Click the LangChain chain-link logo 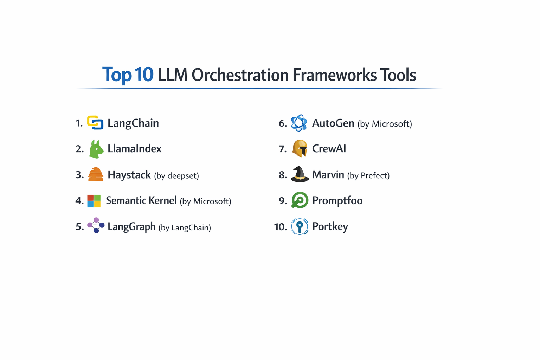(95, 123)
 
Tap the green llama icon (96, 149)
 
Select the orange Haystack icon (95, 174)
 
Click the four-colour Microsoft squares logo (94, 201)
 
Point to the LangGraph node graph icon (96, 225)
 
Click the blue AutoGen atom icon (299, 123)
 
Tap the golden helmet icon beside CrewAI (300, 148)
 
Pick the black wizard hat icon (300, 174)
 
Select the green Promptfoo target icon (300, 200)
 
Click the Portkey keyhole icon (300, 226)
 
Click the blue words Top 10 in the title (128, 75)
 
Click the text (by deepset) (176, 176)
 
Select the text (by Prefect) (368, 175)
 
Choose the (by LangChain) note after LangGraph (185, 228)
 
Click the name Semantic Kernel (141, 200)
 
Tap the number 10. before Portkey (281, 227)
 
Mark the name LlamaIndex (134, 149)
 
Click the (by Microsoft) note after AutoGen (385, 124)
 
